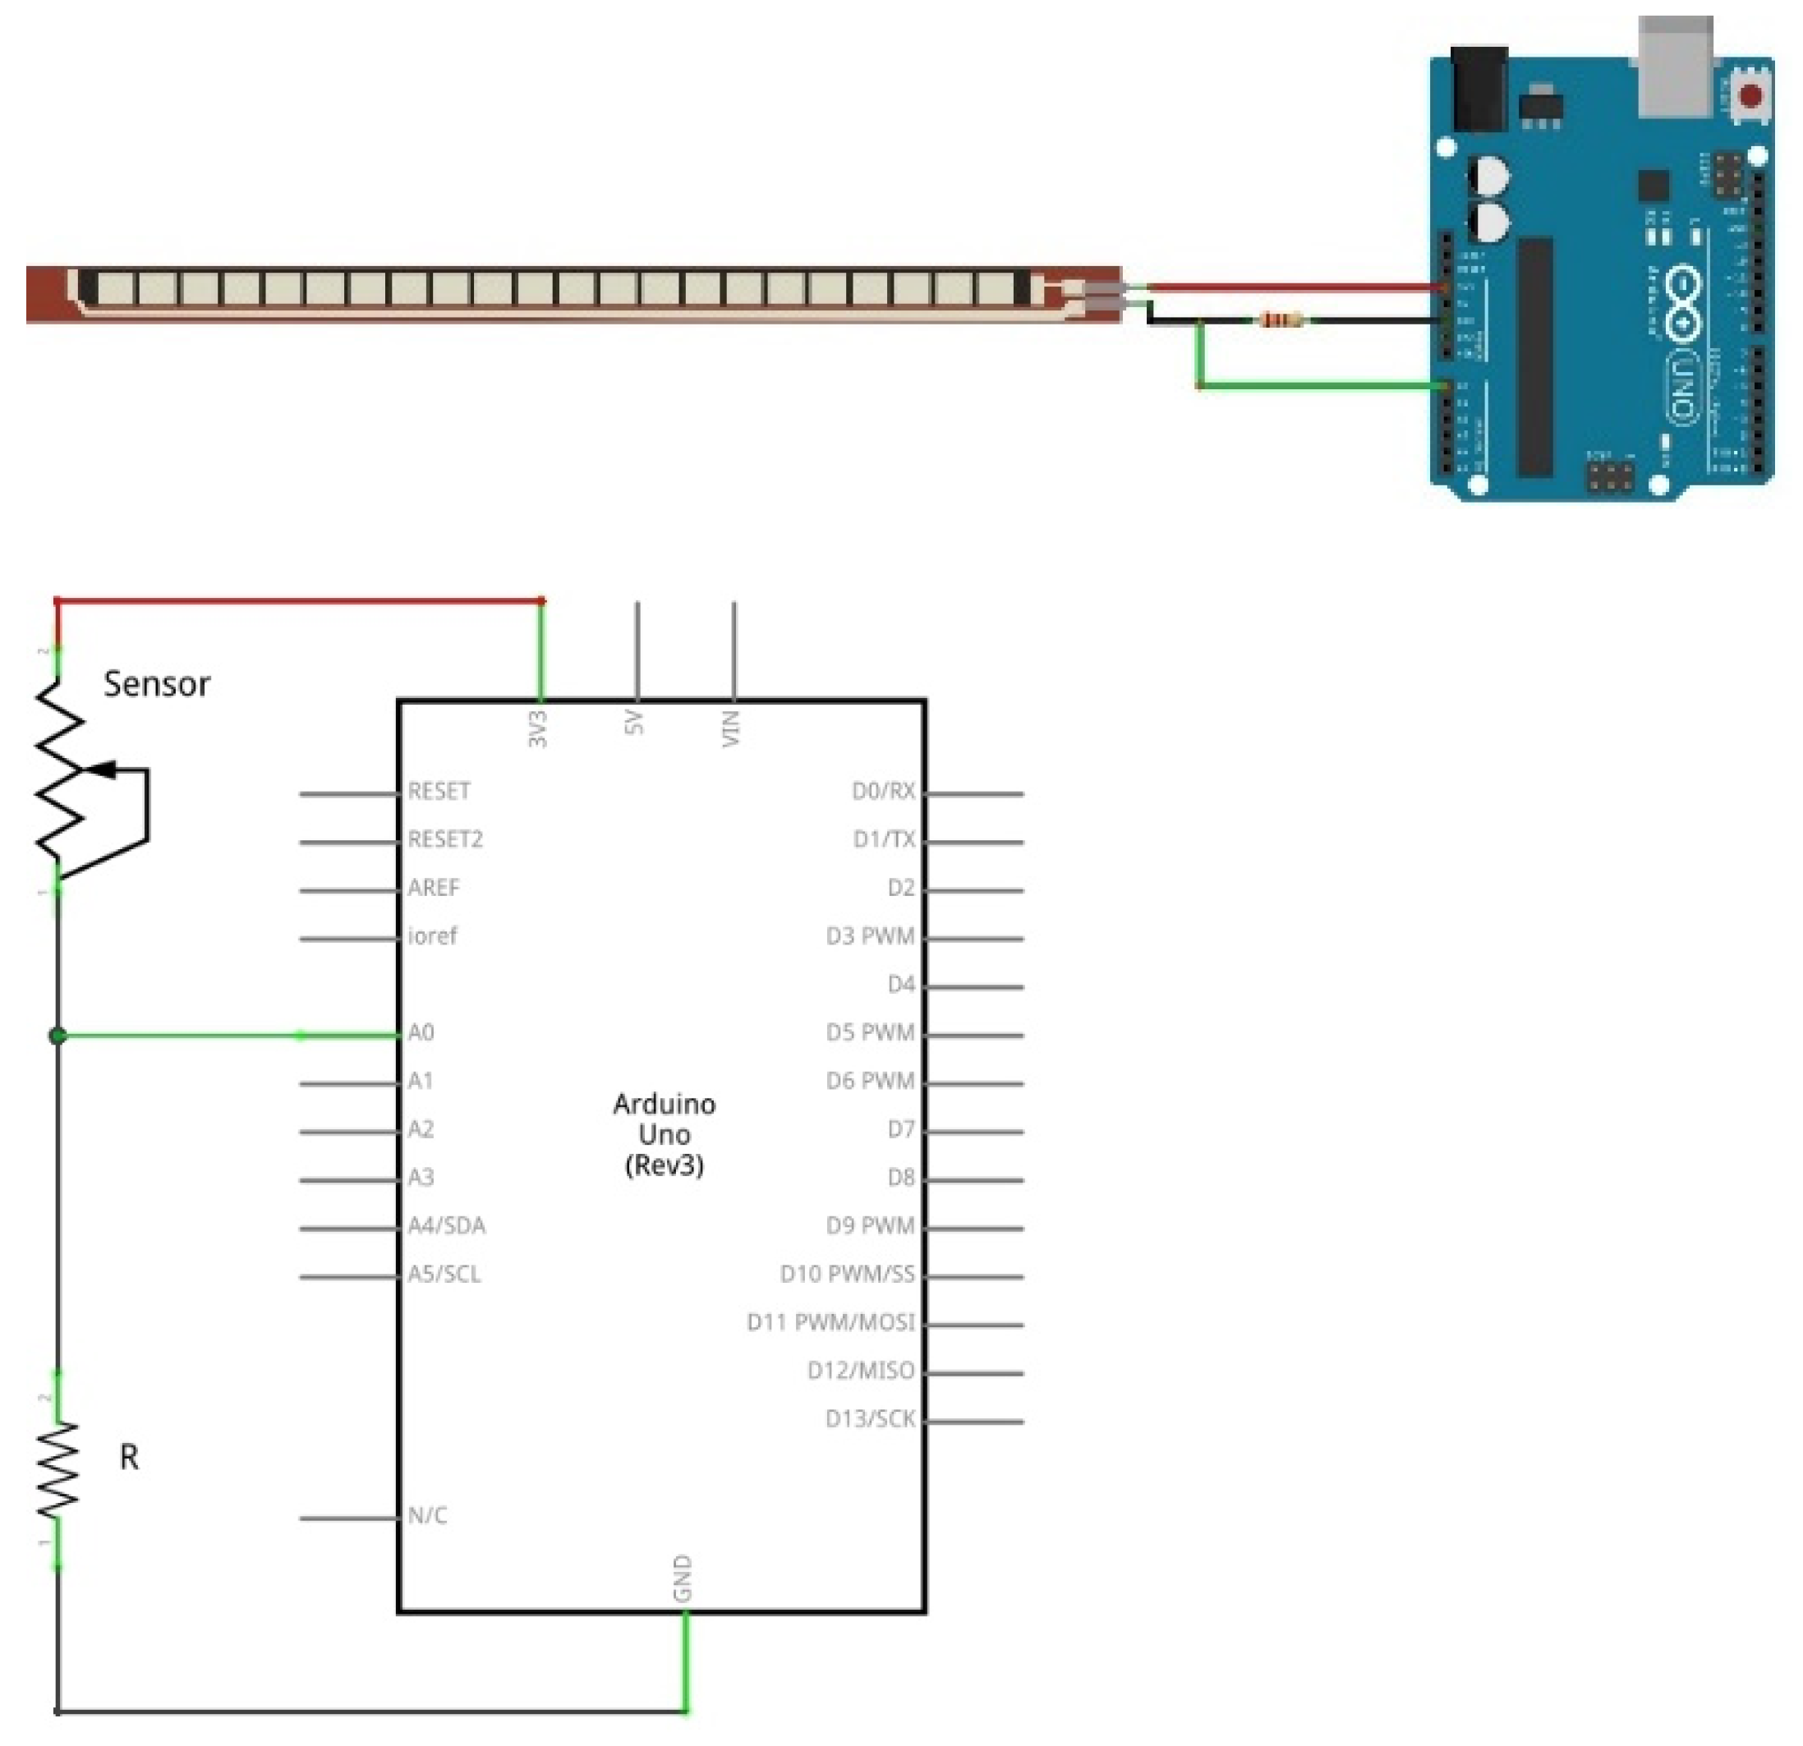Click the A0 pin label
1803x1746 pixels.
click(x=421, y=1033)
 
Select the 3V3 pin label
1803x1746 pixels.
click(x=538, y=728)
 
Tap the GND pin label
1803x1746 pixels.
click(x=683, y=1578)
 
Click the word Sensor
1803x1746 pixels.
click(x=156, y=684)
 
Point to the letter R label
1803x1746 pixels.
click(x=129, y=1457)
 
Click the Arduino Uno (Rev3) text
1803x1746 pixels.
click(x=665, y=1134)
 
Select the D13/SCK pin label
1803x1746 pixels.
click(x=870, y=1419)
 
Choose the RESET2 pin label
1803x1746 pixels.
click(x=445, y=840)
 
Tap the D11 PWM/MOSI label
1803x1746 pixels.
click(x=830, y=1323)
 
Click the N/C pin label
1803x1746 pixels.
click(x=428, y=1516)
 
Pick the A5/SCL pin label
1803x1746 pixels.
click(x=444, y=1274)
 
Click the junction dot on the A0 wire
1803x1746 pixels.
click(x=57, y=1036)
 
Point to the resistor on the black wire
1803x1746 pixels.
click(x=1281, y=320)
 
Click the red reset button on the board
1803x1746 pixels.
click(x=1750, y=95)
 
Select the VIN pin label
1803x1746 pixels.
click(x=730, y=728)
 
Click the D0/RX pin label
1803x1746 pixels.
click(x=883, y=791)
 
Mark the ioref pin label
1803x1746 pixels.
click(x=432, y=936)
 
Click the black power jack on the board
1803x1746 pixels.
click(x=1479, y=90)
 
